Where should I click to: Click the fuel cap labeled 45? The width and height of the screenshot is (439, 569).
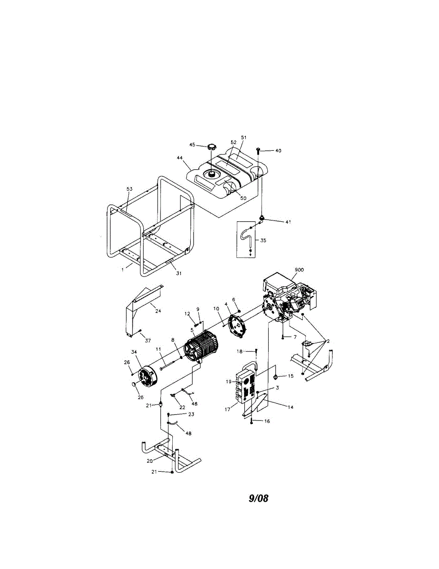coord(209,146)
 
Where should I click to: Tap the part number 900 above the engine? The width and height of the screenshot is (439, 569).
coord(299,269)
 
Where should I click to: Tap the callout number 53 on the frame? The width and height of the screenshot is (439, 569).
coord(130,189)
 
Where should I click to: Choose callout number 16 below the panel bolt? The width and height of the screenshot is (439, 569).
coord(267,421)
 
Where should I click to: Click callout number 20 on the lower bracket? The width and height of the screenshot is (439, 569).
coord(149,460)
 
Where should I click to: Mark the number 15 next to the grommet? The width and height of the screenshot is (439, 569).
coord(290,376)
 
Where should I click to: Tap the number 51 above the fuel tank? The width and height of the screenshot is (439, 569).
coord(243,137)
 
